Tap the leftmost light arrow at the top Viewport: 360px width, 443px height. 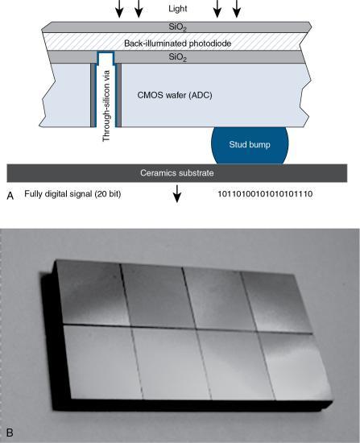120,9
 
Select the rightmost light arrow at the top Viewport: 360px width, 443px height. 236,9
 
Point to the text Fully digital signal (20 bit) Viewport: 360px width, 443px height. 72,195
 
